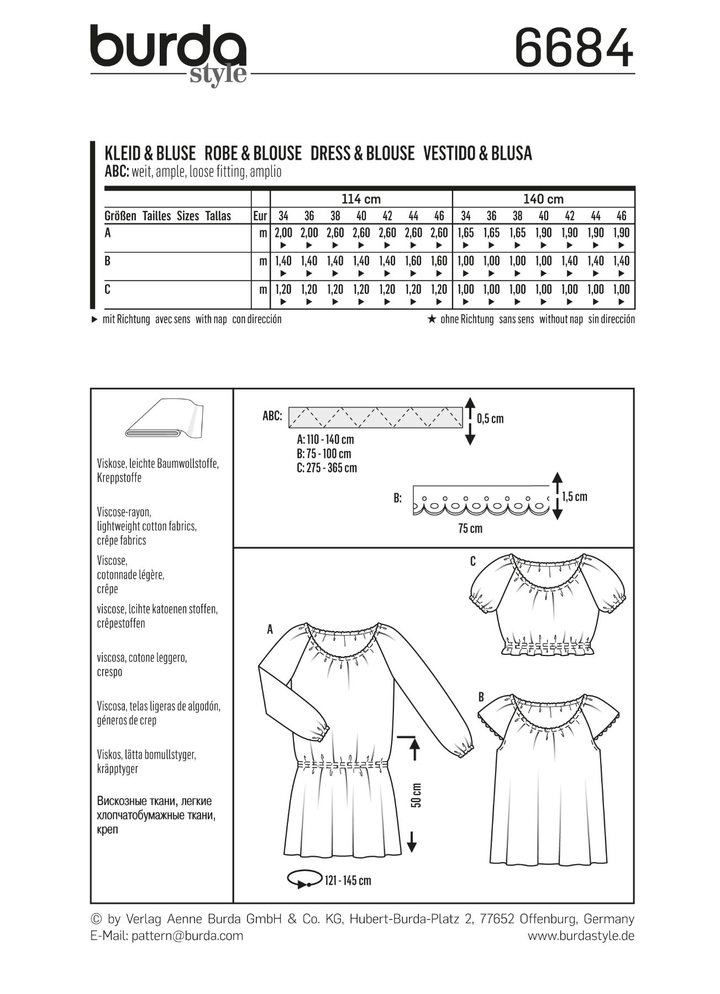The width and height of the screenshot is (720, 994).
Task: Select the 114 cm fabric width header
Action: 361,199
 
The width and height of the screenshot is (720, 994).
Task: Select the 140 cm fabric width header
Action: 543,199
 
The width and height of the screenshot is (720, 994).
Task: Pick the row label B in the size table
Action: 108,261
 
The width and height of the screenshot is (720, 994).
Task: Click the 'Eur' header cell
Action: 260,216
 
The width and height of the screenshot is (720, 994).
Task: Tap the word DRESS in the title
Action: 334,153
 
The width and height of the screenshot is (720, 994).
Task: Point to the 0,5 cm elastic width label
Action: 490,419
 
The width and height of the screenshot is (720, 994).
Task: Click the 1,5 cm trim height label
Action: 575,496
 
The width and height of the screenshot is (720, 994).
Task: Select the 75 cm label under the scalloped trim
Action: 470,528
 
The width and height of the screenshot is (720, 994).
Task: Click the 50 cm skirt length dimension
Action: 416,795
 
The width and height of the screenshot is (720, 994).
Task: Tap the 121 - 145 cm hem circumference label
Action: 348,880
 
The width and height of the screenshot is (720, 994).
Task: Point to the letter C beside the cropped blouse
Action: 473,562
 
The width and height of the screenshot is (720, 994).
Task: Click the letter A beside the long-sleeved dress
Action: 270,629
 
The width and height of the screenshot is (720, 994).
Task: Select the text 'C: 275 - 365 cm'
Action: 327,468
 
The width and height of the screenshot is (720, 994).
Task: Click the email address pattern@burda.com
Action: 187,935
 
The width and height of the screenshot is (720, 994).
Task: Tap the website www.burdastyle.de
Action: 581,935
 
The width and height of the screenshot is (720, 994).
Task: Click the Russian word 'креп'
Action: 107,829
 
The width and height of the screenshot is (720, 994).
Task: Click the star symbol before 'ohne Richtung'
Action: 432,319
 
